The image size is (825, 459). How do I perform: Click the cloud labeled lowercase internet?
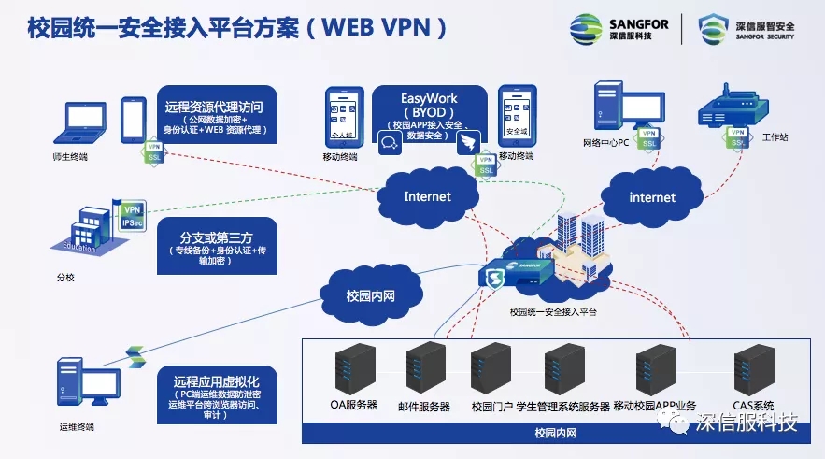tap(651, 197)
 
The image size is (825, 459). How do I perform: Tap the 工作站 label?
tap(775, 137)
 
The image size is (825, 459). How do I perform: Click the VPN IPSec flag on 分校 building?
tap(131, 216)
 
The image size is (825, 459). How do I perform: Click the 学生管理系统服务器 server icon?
tap(564, 371)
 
